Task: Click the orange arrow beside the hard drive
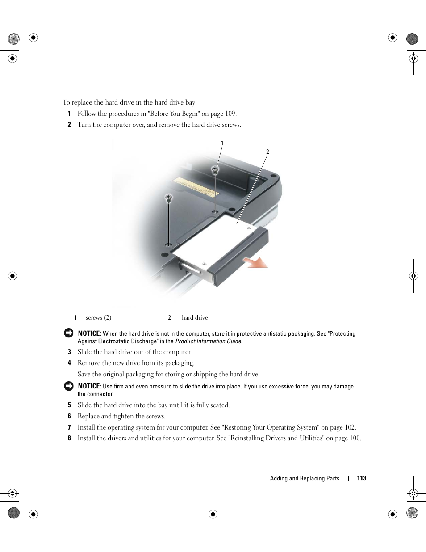[x=257, y=262]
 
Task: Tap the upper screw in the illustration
[x=215, y=169]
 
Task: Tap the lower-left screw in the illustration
[x=168, y=198]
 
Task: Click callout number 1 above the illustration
[x=222, y=143]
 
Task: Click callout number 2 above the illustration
[x=267, y=152]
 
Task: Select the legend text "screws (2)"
[x=98, y=318]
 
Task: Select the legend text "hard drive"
[x=195, y=318]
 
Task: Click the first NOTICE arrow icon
[x=68, y=333]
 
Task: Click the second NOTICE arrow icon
[x=68, y=386]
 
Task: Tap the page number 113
[x=362, y=478]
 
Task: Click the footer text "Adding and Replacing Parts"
[x=305, y=479]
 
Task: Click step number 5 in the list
[x=69, y=405]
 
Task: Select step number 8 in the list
[x=69, y=438]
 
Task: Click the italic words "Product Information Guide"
[x=209, y=341]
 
